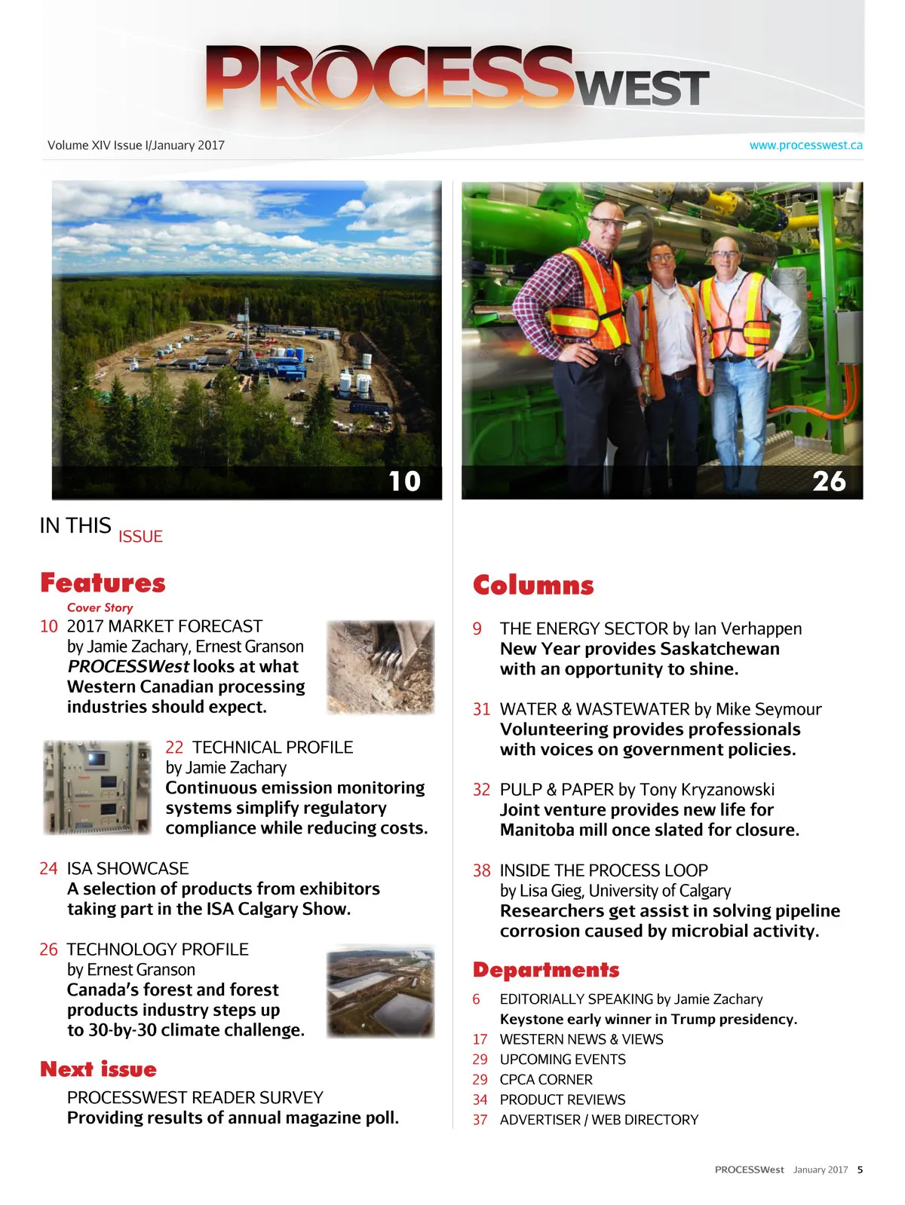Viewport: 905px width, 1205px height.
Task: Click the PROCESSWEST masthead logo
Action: [456, 78]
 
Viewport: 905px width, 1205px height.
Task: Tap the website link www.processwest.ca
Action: [805, 145]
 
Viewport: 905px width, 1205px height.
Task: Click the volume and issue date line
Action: [136, 145]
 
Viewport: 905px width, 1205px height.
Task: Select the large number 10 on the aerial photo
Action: [404, 482]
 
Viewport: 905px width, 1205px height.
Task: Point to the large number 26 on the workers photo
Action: [829, 482]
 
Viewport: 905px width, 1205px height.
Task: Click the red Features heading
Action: [103, 583]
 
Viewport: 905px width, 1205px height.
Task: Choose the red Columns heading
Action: [533, 586]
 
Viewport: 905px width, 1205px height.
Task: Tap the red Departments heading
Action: [546, 970]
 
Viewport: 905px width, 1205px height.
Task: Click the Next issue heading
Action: [98, 1069]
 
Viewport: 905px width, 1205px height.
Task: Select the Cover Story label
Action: [100, 607]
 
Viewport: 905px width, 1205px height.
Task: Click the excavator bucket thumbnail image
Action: [380, 667]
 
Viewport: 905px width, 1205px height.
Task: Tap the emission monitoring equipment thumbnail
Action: [97, 788]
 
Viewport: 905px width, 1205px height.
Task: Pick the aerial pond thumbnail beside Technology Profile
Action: [380, 991]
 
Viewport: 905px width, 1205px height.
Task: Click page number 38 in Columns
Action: [481, 870]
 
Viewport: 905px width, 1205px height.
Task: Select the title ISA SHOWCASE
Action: [127, 868]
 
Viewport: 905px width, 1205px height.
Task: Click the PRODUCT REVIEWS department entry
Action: [562, 1099]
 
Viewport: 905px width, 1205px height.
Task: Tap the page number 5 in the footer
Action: [860, 1170]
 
